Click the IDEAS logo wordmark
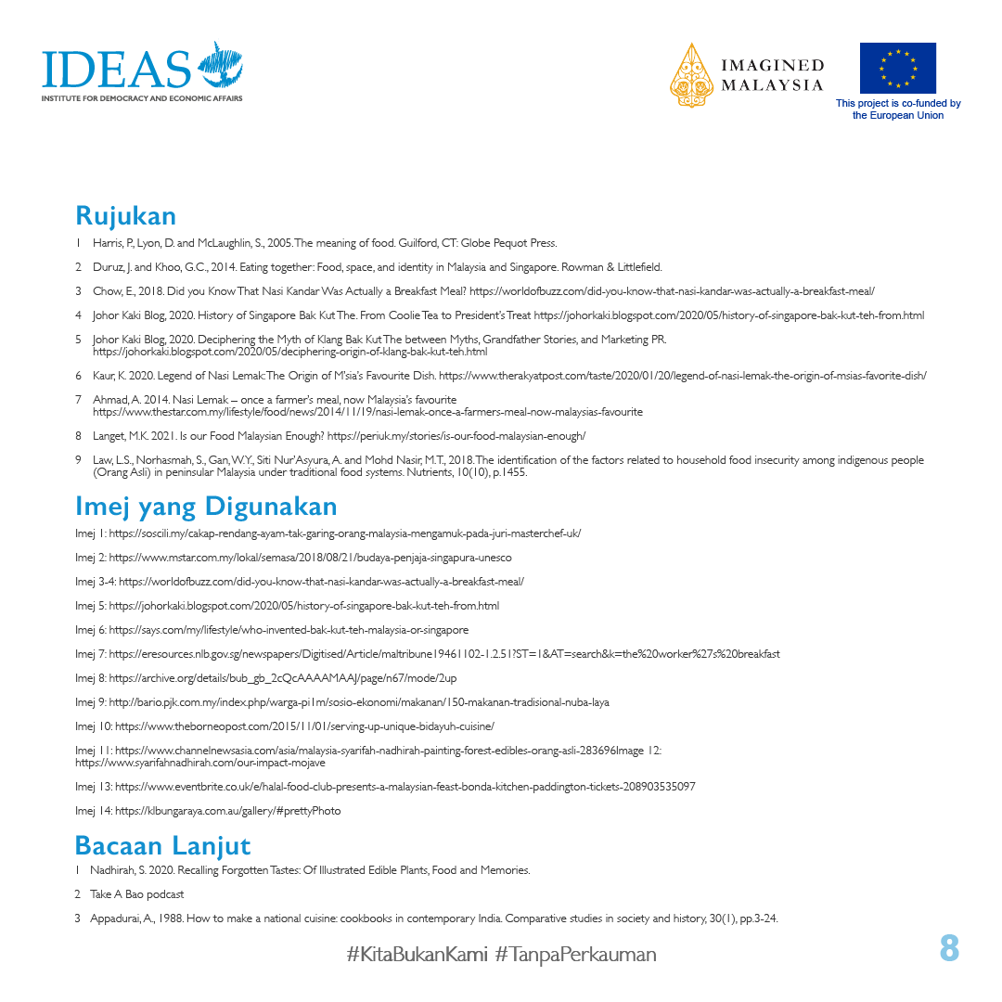pos(116,68)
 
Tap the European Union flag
pos(897,68)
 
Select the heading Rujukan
pos(125,215)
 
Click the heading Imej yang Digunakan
pos(205,507)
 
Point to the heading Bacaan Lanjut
pos(162,846)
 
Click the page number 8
pos(948,948)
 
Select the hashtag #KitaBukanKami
pos(417,954)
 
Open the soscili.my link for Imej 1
pos(345,533)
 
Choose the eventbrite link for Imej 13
pos(405,787)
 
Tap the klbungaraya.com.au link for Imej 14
pos(228,811)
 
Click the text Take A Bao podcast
pos(136,894)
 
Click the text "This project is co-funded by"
pos(898,104)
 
